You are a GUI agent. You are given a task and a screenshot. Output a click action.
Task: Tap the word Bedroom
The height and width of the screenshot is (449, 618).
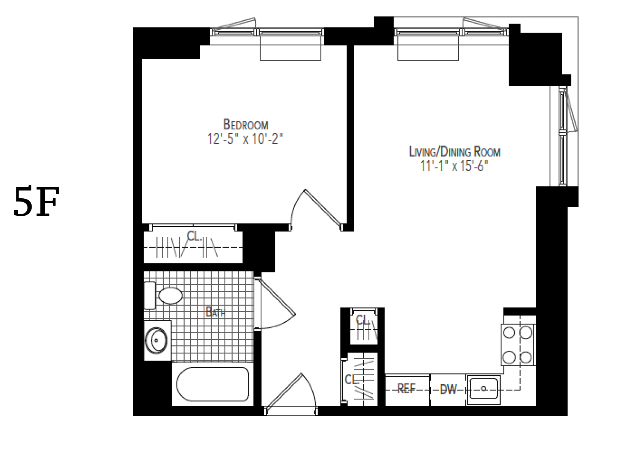245,124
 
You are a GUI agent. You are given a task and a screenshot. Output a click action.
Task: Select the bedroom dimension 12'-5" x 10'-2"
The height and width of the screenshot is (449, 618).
245,139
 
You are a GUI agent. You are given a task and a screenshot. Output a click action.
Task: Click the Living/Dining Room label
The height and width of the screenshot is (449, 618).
454,152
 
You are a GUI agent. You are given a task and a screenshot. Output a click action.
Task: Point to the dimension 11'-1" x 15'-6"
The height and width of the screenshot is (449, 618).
454,167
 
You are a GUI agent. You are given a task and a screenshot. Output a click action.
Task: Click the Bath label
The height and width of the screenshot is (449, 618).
215,312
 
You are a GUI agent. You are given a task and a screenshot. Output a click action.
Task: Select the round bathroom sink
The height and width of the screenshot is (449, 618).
156,340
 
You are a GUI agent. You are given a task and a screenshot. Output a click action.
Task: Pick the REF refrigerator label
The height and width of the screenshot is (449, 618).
406,389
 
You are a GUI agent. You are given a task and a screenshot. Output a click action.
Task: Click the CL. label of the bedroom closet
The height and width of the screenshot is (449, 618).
194,236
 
